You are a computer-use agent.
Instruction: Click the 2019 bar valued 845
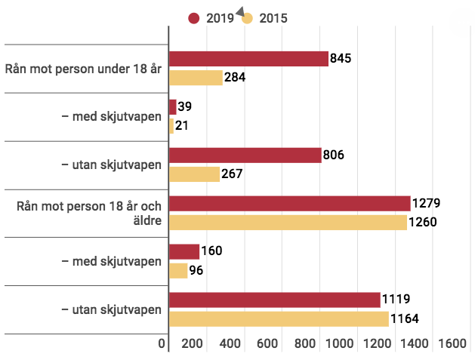[x=248, y=59]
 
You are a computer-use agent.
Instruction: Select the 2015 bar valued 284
[x=196, y=78]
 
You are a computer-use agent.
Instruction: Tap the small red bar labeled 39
[x=172, y=107]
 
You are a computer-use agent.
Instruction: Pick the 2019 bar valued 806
[x=245, y=155]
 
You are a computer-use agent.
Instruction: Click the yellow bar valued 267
[x=194, y=174]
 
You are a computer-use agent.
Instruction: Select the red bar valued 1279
[x=289, y=204]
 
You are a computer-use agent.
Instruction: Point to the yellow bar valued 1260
[x=288, y=223]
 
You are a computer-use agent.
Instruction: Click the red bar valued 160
[x=184, y=252]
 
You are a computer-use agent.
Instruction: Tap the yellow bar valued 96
[x=178, y=270]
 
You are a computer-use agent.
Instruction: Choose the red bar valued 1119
[x=274, y=300]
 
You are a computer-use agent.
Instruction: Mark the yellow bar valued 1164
[x=279, y=318]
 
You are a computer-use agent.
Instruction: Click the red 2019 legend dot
[x=193, y=18]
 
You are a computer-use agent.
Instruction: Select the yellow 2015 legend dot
[x=247, y=18]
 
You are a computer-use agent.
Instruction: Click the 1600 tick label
[x=452, y=343]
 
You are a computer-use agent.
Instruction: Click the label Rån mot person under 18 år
[x=84, y=69]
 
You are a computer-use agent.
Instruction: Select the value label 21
[x=182, y=126]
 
